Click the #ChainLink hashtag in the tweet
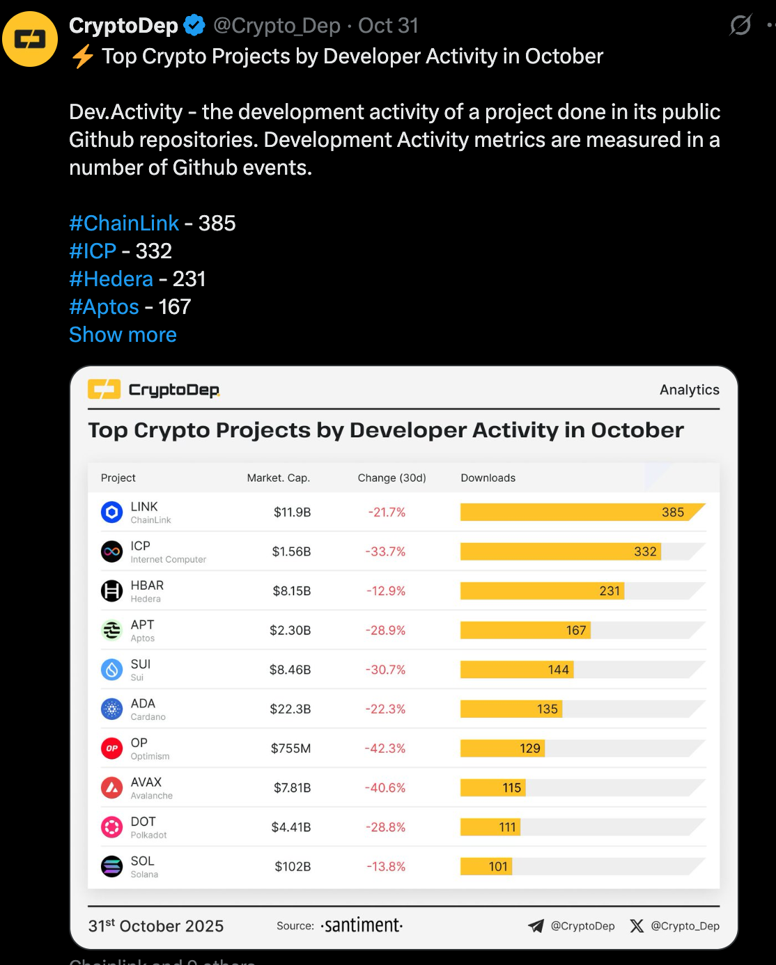click(124, 223)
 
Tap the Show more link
click(123, 335)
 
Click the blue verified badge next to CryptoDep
click(194, 26)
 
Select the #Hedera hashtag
click(111, 279)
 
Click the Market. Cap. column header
click(278, 478)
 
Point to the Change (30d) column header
click(391, 478)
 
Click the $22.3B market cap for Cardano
click(290, 709)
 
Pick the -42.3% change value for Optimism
click(385, 748)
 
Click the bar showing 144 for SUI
click(516, 670)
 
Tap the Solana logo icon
click(111, 867)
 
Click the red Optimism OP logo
click(111, 748)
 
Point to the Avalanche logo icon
click(111, 787)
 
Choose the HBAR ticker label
click(147, 586)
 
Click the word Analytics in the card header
click(689, 390)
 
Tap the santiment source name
click(362, 925)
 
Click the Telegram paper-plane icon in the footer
click(536, 926)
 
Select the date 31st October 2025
click(156, 926)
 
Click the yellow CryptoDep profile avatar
click(30, 39)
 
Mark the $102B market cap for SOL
click(293, 867)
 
